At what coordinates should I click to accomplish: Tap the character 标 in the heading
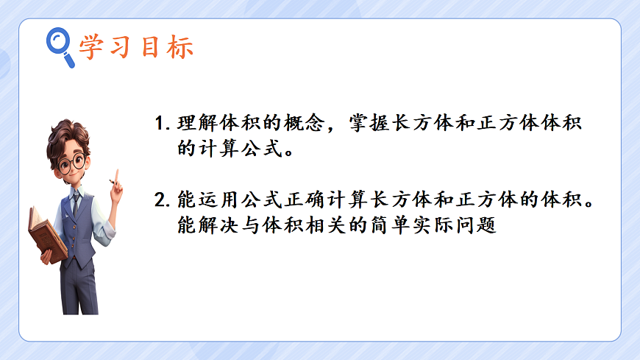pyautogui.click(x=181, y=47)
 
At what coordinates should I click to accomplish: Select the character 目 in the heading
pyautogui.click(x=152, y=47)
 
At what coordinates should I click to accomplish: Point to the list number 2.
pyautogui.click(x=162, y=200)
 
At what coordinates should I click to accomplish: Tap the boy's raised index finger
pyautogui.click(x=115, y=176)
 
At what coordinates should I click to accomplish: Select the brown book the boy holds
pyautogui.click(x=46, y=234)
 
